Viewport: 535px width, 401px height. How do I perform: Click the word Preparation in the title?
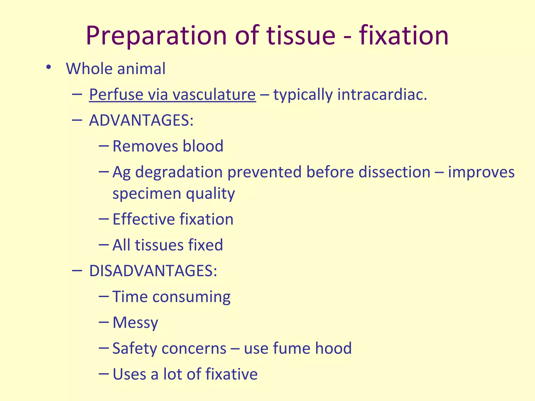(156, 36)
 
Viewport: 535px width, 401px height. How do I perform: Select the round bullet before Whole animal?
(48, 67)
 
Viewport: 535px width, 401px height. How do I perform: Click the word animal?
(141, 69)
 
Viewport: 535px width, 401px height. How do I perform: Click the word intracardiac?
(382, 94)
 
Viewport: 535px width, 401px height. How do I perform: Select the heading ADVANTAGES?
(141, 120)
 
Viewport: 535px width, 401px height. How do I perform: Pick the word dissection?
(394, 172)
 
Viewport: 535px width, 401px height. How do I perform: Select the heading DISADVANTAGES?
(153, 271)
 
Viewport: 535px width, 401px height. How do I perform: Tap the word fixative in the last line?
(231, 374)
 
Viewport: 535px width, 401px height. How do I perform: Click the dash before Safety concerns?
(104, 348)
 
